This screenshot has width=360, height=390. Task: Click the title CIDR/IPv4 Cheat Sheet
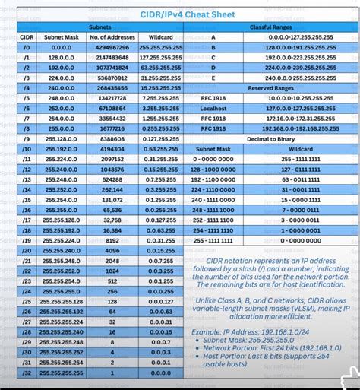pyautogui.click(x=181, y=13)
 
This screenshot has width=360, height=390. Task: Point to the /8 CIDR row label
pyautogui.click(x=27, y=130)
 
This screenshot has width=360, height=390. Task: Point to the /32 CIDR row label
pyautogui.click(x=27, y=374)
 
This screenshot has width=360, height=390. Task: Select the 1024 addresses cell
pyautogui.click(x=112, y=270)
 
